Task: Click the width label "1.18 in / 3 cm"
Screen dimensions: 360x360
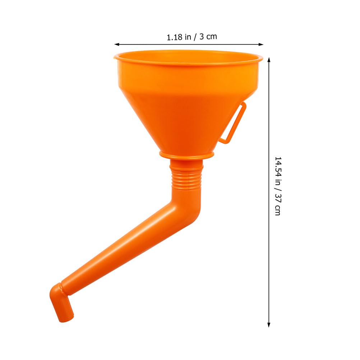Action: coord(192,37)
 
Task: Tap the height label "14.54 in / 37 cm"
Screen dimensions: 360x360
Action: coord(278,185)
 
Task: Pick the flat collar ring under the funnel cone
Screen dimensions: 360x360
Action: coord(187,155)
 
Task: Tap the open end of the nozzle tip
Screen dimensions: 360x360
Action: coord(68,318)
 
